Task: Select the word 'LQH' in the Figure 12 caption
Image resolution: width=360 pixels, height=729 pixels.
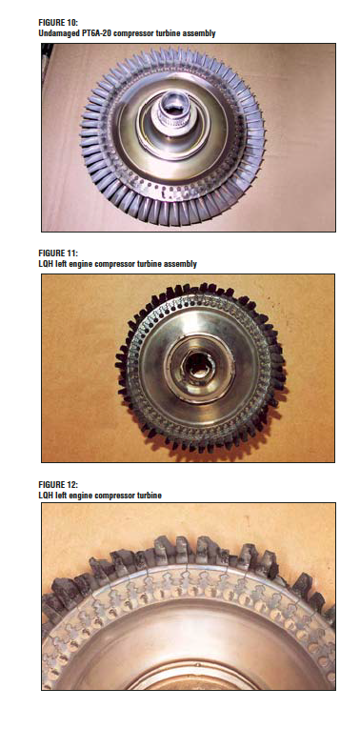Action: click(x=46, y=496)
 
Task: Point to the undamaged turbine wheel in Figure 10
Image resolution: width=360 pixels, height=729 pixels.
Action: click(x=172, y=133)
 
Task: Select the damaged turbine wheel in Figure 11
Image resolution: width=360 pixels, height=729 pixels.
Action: click(x=200, y=367)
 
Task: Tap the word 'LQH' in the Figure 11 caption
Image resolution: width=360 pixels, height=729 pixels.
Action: click(x=46, y=264)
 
